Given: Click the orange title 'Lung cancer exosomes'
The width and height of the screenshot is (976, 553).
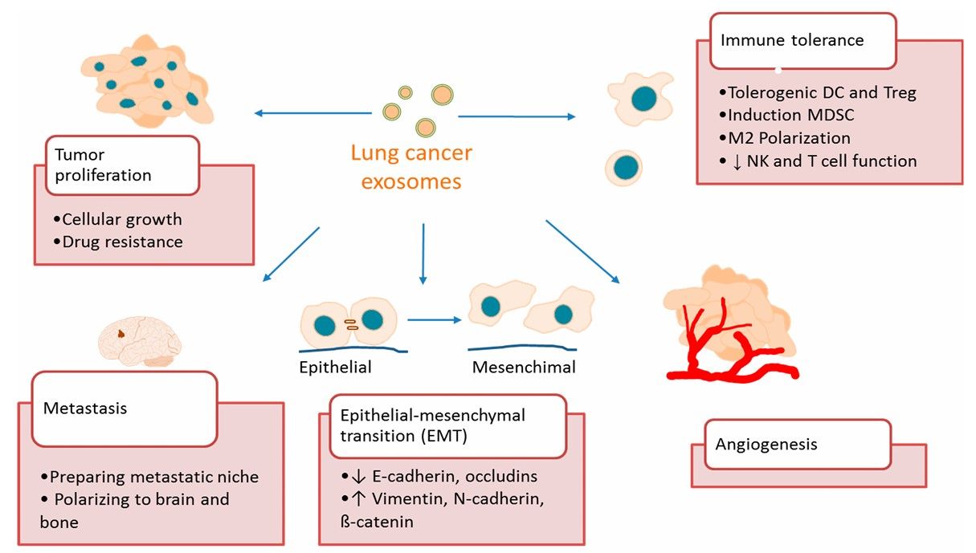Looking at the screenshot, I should coord(411,167).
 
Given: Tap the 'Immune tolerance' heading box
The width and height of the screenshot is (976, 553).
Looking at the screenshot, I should coord(792,40).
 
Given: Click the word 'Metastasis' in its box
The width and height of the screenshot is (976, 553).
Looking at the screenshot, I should coord(85,409).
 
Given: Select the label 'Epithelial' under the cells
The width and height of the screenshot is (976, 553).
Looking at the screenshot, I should coord(335,368).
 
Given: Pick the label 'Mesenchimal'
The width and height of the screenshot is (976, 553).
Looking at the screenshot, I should coord(524,368).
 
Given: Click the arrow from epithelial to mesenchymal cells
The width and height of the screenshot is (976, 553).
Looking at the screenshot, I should coord(435,319).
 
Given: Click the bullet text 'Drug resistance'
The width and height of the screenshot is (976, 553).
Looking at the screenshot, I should coord(122,241).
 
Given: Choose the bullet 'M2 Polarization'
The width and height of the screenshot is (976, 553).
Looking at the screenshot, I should coord(788,138).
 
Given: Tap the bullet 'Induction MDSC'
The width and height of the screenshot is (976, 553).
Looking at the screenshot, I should coord(790,115).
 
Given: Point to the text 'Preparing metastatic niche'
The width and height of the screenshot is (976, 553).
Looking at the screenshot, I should coord(154,477).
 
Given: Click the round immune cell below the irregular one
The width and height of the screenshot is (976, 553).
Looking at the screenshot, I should coord(627,167).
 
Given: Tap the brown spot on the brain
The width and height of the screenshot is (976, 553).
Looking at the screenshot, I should coord(120,333).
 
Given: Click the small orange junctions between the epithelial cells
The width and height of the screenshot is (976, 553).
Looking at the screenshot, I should coord(350,323).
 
